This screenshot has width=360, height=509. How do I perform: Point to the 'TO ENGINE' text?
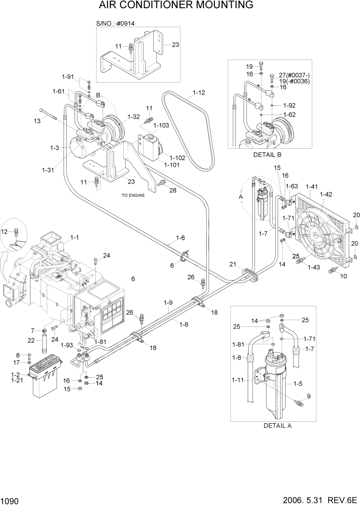point(133,195)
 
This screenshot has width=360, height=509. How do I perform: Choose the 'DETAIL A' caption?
point(281,425)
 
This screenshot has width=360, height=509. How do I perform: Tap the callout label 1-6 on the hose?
point(180,238)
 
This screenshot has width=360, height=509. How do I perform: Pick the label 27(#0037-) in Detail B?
point(295,75)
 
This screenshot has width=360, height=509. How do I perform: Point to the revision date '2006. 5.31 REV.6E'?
point(315,500)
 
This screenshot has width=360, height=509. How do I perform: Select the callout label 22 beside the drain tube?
point(31,341)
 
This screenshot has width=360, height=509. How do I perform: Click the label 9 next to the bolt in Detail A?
point(309,395)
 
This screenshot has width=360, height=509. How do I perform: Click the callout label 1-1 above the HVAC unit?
point(74,238)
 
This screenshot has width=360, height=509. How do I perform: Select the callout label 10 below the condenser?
point(344,276)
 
